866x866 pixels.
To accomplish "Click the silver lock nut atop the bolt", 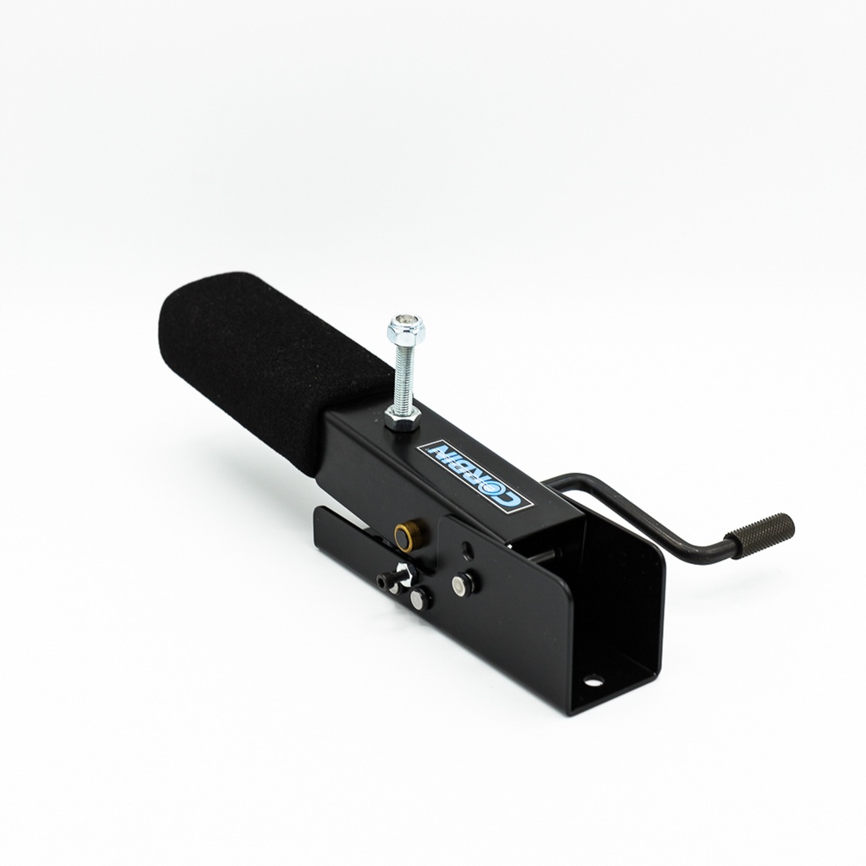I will (x=406, y=328).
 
